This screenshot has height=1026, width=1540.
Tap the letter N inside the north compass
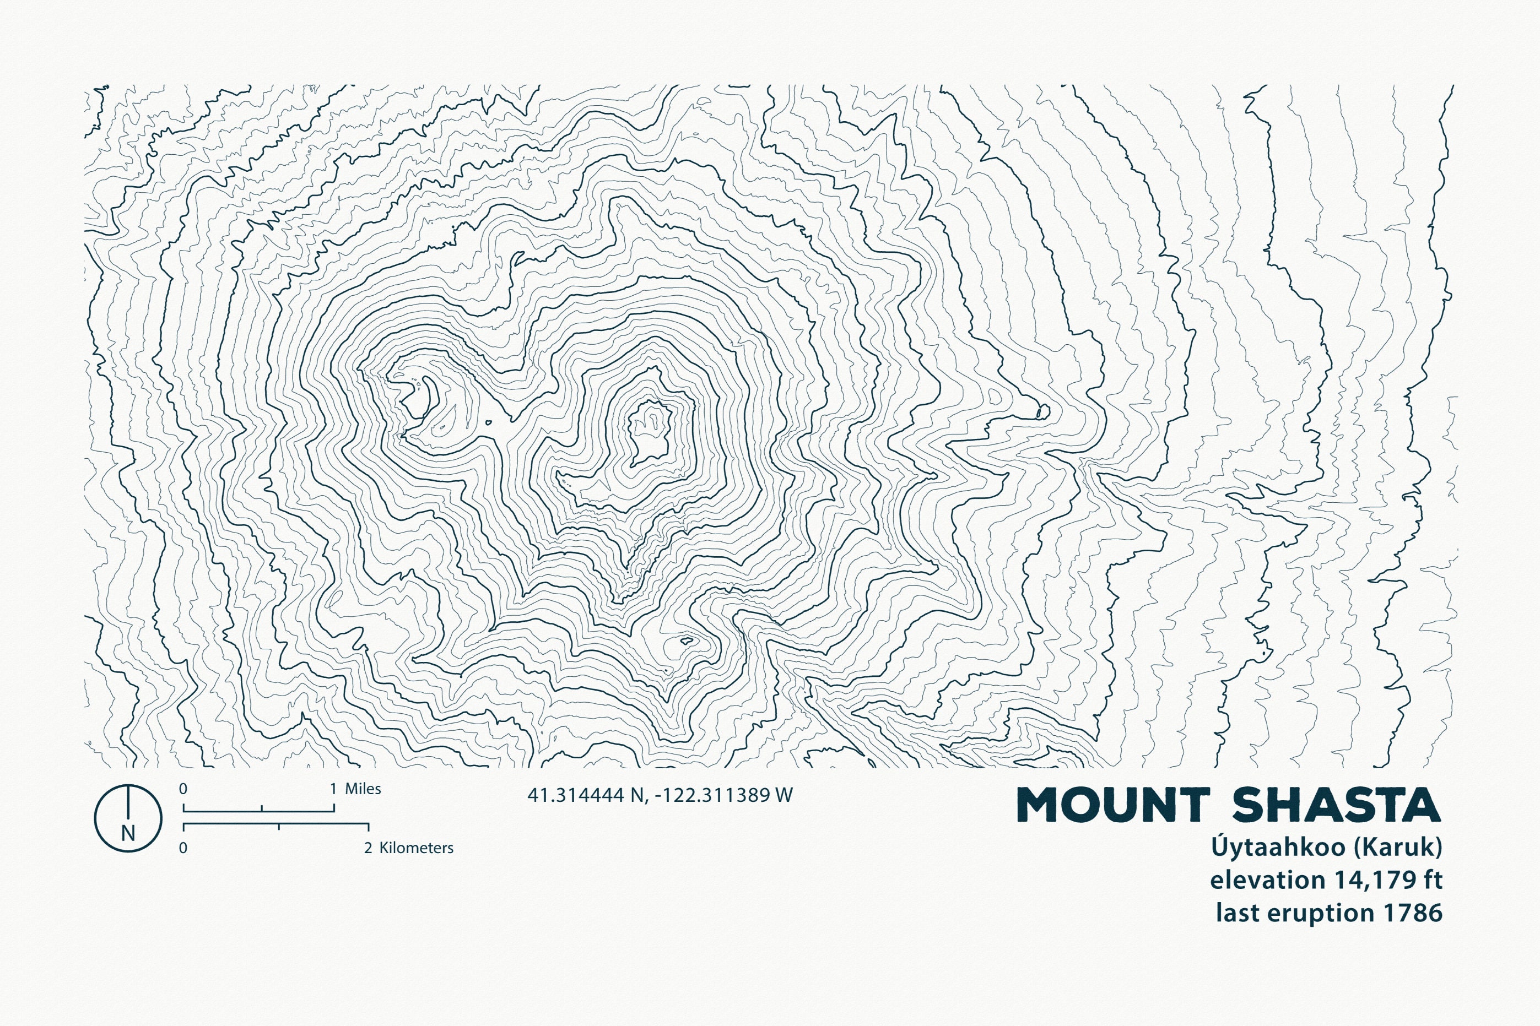click(128, 834)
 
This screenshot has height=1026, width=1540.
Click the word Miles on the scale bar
click(363, 789)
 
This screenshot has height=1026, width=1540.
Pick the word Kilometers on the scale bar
click(416, 848)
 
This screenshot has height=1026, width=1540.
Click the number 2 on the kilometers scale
click(368, 848)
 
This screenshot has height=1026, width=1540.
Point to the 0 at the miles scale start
click(183, 789)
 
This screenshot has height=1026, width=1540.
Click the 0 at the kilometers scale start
click(183, 848)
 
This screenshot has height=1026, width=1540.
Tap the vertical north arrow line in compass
click(128, 805)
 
